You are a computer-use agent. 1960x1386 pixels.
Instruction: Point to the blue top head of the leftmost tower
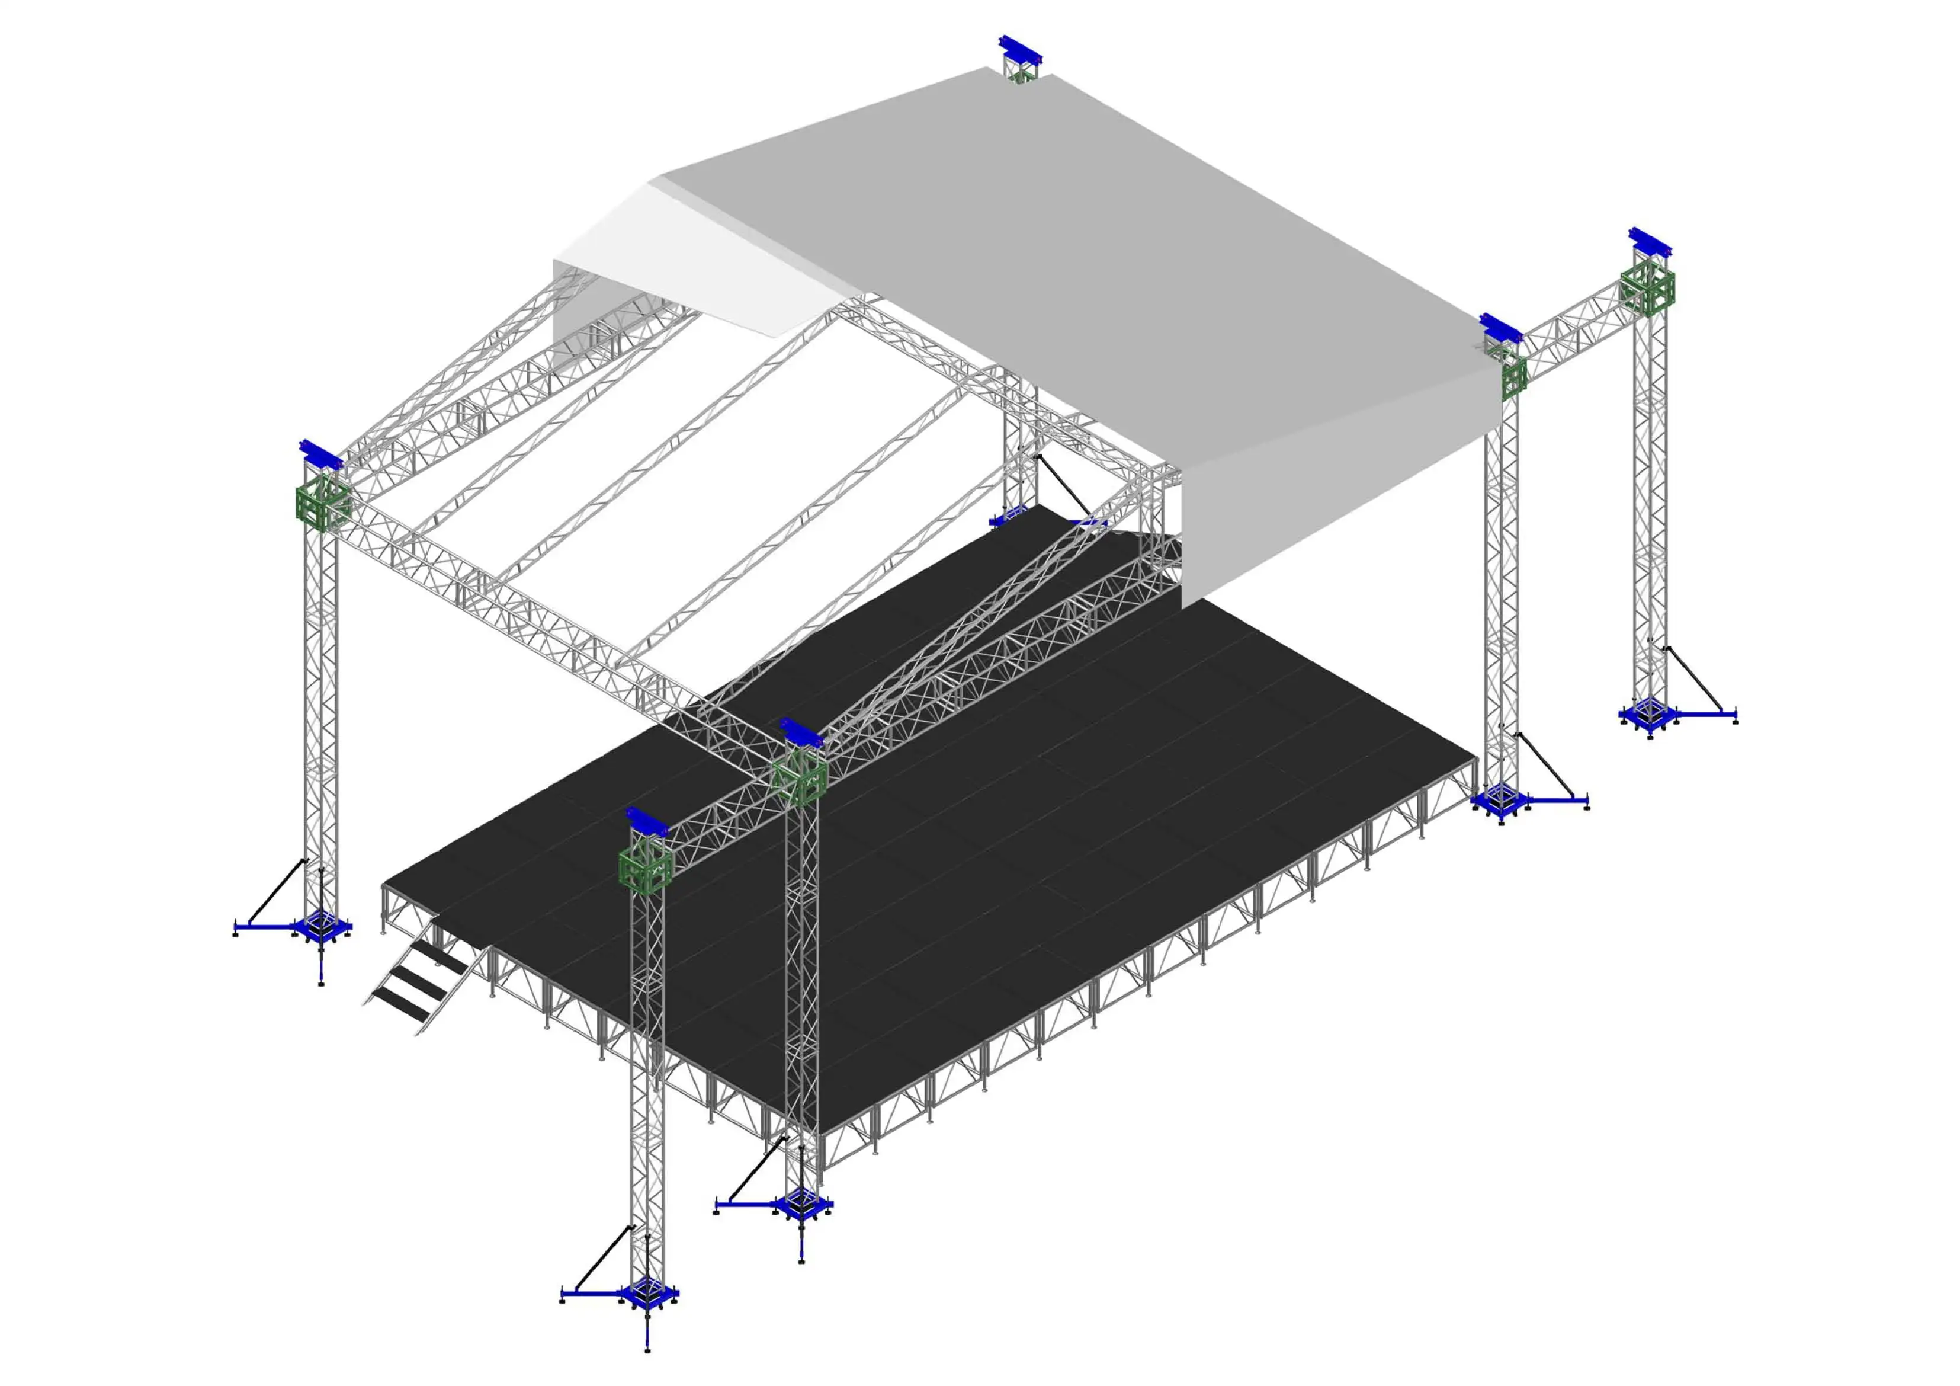[x=320, y=455]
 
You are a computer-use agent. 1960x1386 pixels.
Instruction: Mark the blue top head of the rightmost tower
[x=1649, y=242]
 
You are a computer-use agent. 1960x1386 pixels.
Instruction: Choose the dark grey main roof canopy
[x=1067, y=256]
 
